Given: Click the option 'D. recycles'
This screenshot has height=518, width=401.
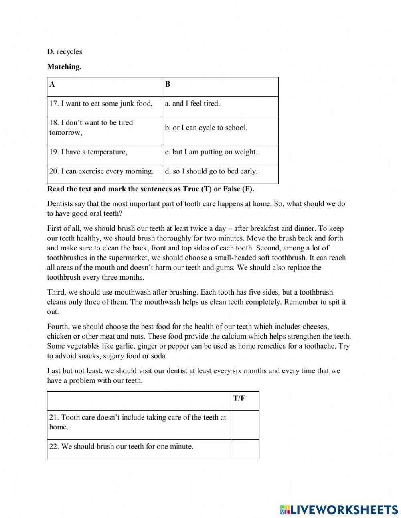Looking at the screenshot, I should [x=65, y=51].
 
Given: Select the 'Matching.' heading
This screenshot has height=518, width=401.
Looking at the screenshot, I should [x=64, y=67].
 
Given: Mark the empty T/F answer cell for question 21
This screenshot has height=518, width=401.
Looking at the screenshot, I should [x=245, y=425].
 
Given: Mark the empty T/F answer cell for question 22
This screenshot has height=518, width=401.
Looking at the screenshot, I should [x=245, y=449].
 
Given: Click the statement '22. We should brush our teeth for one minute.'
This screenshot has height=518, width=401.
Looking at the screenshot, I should [x=127, y=446].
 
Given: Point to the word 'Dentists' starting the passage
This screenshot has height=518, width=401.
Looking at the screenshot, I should [x=60, y=204].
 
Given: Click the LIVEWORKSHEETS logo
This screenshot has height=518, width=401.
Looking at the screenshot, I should [x=339, y=509].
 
